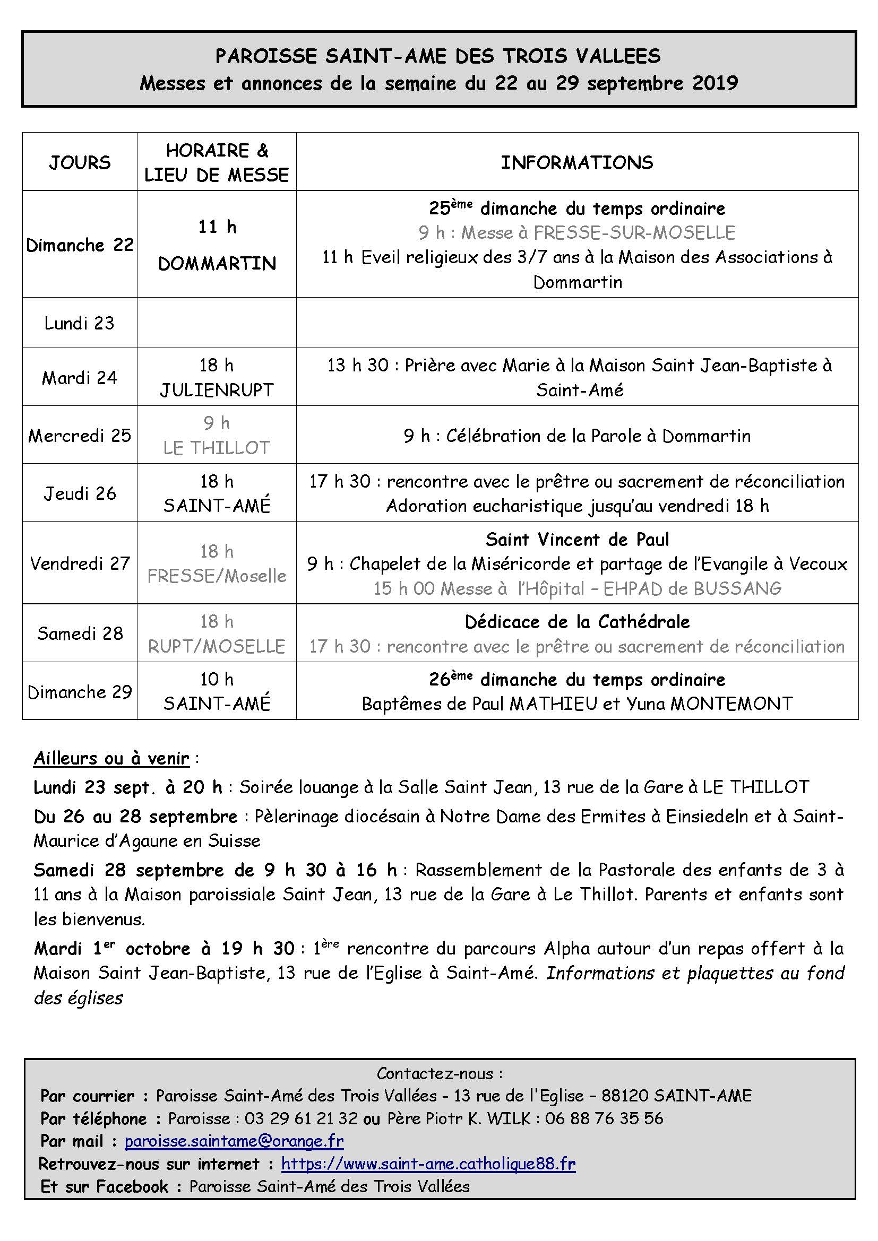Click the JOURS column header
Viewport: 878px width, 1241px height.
click(x=80, y=163)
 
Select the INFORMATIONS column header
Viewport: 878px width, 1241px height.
click(x=577, y=163)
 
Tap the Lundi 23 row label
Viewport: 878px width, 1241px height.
click(x=80, y=323)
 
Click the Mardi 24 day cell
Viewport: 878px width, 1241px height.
click(x=80, y=377)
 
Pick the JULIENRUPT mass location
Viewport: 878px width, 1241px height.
click(x=217, y=390)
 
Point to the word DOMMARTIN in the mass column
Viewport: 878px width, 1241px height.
click(x=217, y=264)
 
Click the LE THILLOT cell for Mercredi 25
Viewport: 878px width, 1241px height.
click(x=217, y=448)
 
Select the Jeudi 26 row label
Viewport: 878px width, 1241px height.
click(x=80, y=493)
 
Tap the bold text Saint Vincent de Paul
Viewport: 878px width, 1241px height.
click(x=577, y=540)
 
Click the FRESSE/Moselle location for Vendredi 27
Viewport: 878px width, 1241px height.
click(x=217, y=576)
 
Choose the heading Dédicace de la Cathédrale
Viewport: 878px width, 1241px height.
click(x=577, y=622)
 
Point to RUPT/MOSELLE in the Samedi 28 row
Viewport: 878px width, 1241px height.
click(x=217, y=646)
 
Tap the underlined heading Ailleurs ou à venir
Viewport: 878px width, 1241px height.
click(x=111, y=758)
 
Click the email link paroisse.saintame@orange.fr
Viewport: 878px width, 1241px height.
click(x=234, y=1141)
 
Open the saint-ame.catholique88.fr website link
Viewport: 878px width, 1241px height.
click(x=428, y=1163)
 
